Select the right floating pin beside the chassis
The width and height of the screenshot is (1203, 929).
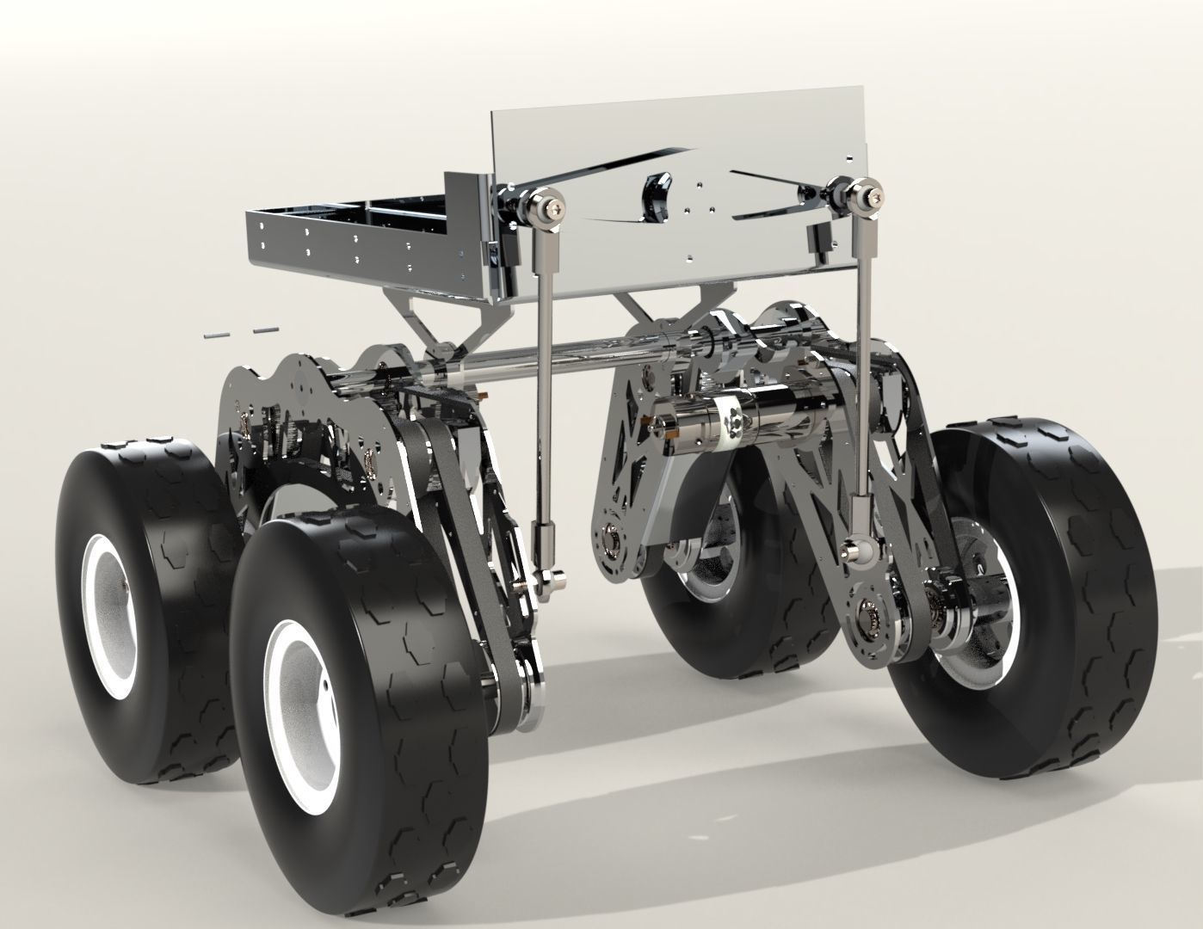[x=265, y=329]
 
